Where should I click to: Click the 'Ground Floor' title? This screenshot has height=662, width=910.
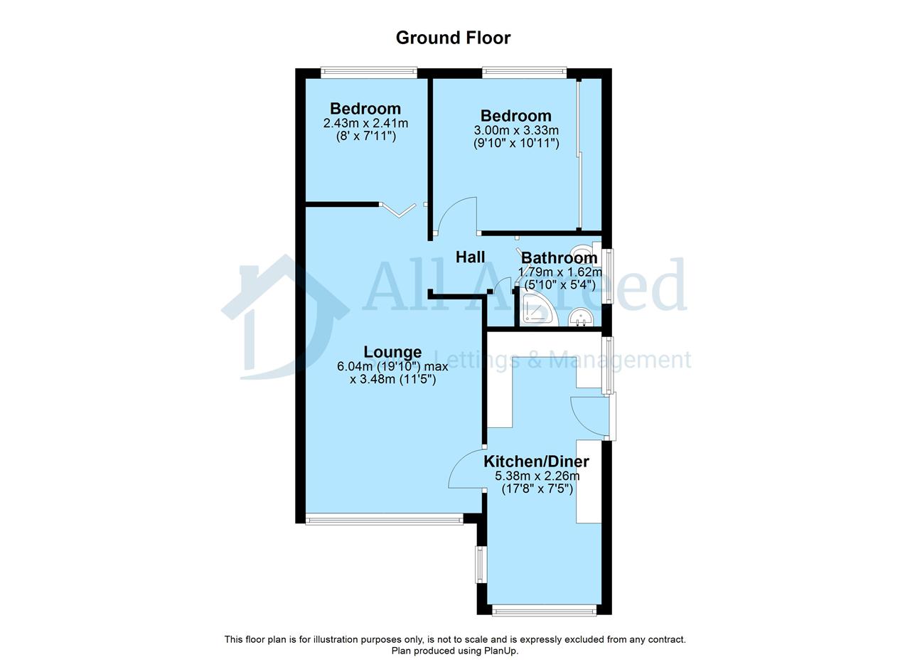(453, 38)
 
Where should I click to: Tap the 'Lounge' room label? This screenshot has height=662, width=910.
(392, 352)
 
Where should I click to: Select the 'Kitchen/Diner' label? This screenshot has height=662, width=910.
(536, 461)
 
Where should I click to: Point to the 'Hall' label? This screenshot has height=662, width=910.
(470, 257)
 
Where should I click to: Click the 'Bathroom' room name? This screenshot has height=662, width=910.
(559, 257)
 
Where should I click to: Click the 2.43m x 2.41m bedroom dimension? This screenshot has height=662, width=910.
(365, 123)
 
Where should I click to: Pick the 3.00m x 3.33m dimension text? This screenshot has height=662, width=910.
(516, 130)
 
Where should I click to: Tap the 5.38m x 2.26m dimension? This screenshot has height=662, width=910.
(537, 476)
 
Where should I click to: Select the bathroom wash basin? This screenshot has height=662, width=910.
(581, 318)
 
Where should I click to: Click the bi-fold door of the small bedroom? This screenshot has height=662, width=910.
(398, 210)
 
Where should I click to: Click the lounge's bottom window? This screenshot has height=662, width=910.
(384, 519)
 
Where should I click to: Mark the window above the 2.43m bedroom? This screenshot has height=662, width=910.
(369, 73)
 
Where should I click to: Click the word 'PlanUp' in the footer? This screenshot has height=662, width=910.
(500, 651)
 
